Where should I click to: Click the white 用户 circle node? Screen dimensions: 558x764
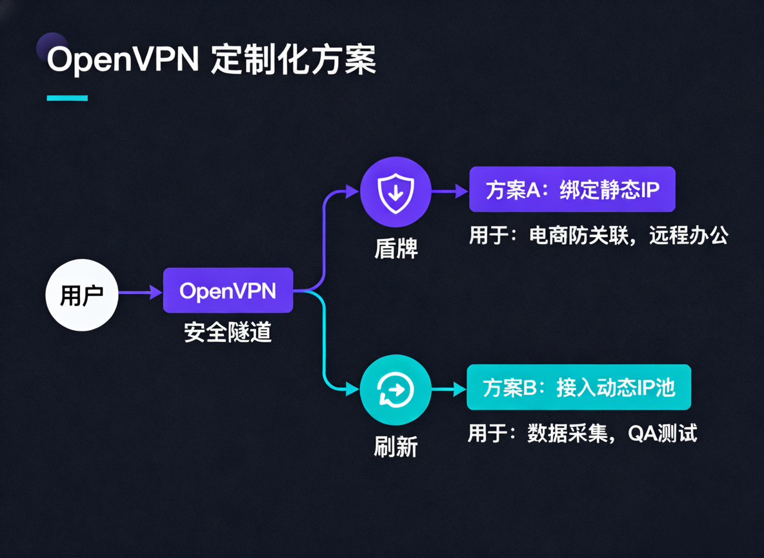coord(82,294)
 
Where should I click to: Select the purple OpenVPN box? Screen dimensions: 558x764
coord(228,291)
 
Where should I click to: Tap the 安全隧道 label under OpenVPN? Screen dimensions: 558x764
coord(228,332)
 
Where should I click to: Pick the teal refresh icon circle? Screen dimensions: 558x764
coord(395,389)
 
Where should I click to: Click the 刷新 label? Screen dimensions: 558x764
coord(396,446)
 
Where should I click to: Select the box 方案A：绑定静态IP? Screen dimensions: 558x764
coord(572,190)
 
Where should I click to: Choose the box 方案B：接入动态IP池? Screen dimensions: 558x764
coord(578,387)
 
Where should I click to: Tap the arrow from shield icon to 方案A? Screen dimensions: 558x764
coord(449,191)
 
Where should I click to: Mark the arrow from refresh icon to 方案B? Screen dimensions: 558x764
coord(449,389)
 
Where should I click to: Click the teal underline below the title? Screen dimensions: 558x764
coord(67,98)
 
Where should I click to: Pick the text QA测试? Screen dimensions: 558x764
coord(663,433)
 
